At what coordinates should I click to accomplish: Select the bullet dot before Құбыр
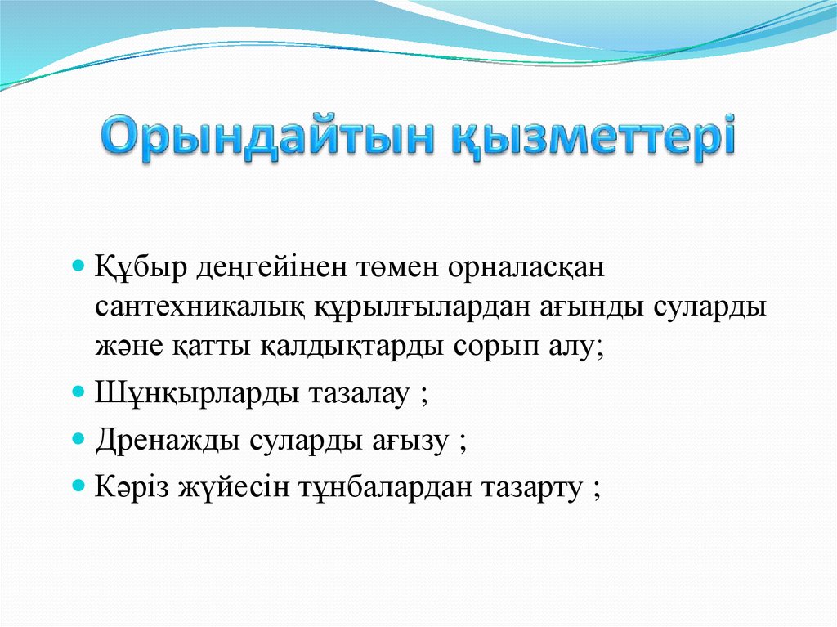[x=79, y=266]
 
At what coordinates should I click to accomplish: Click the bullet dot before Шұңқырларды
[x=79, y=392]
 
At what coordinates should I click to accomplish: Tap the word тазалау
[x=357, y=393]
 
